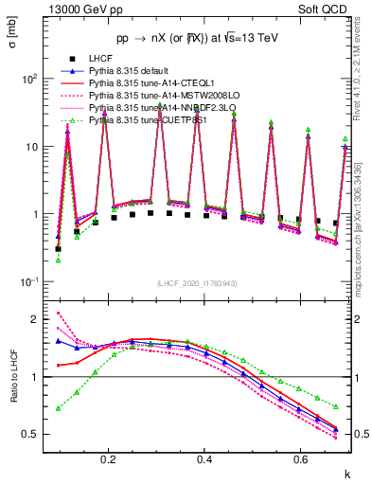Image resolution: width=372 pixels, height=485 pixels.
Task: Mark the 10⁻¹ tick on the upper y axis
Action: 29,282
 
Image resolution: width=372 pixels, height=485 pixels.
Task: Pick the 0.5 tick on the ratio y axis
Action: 30,435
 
